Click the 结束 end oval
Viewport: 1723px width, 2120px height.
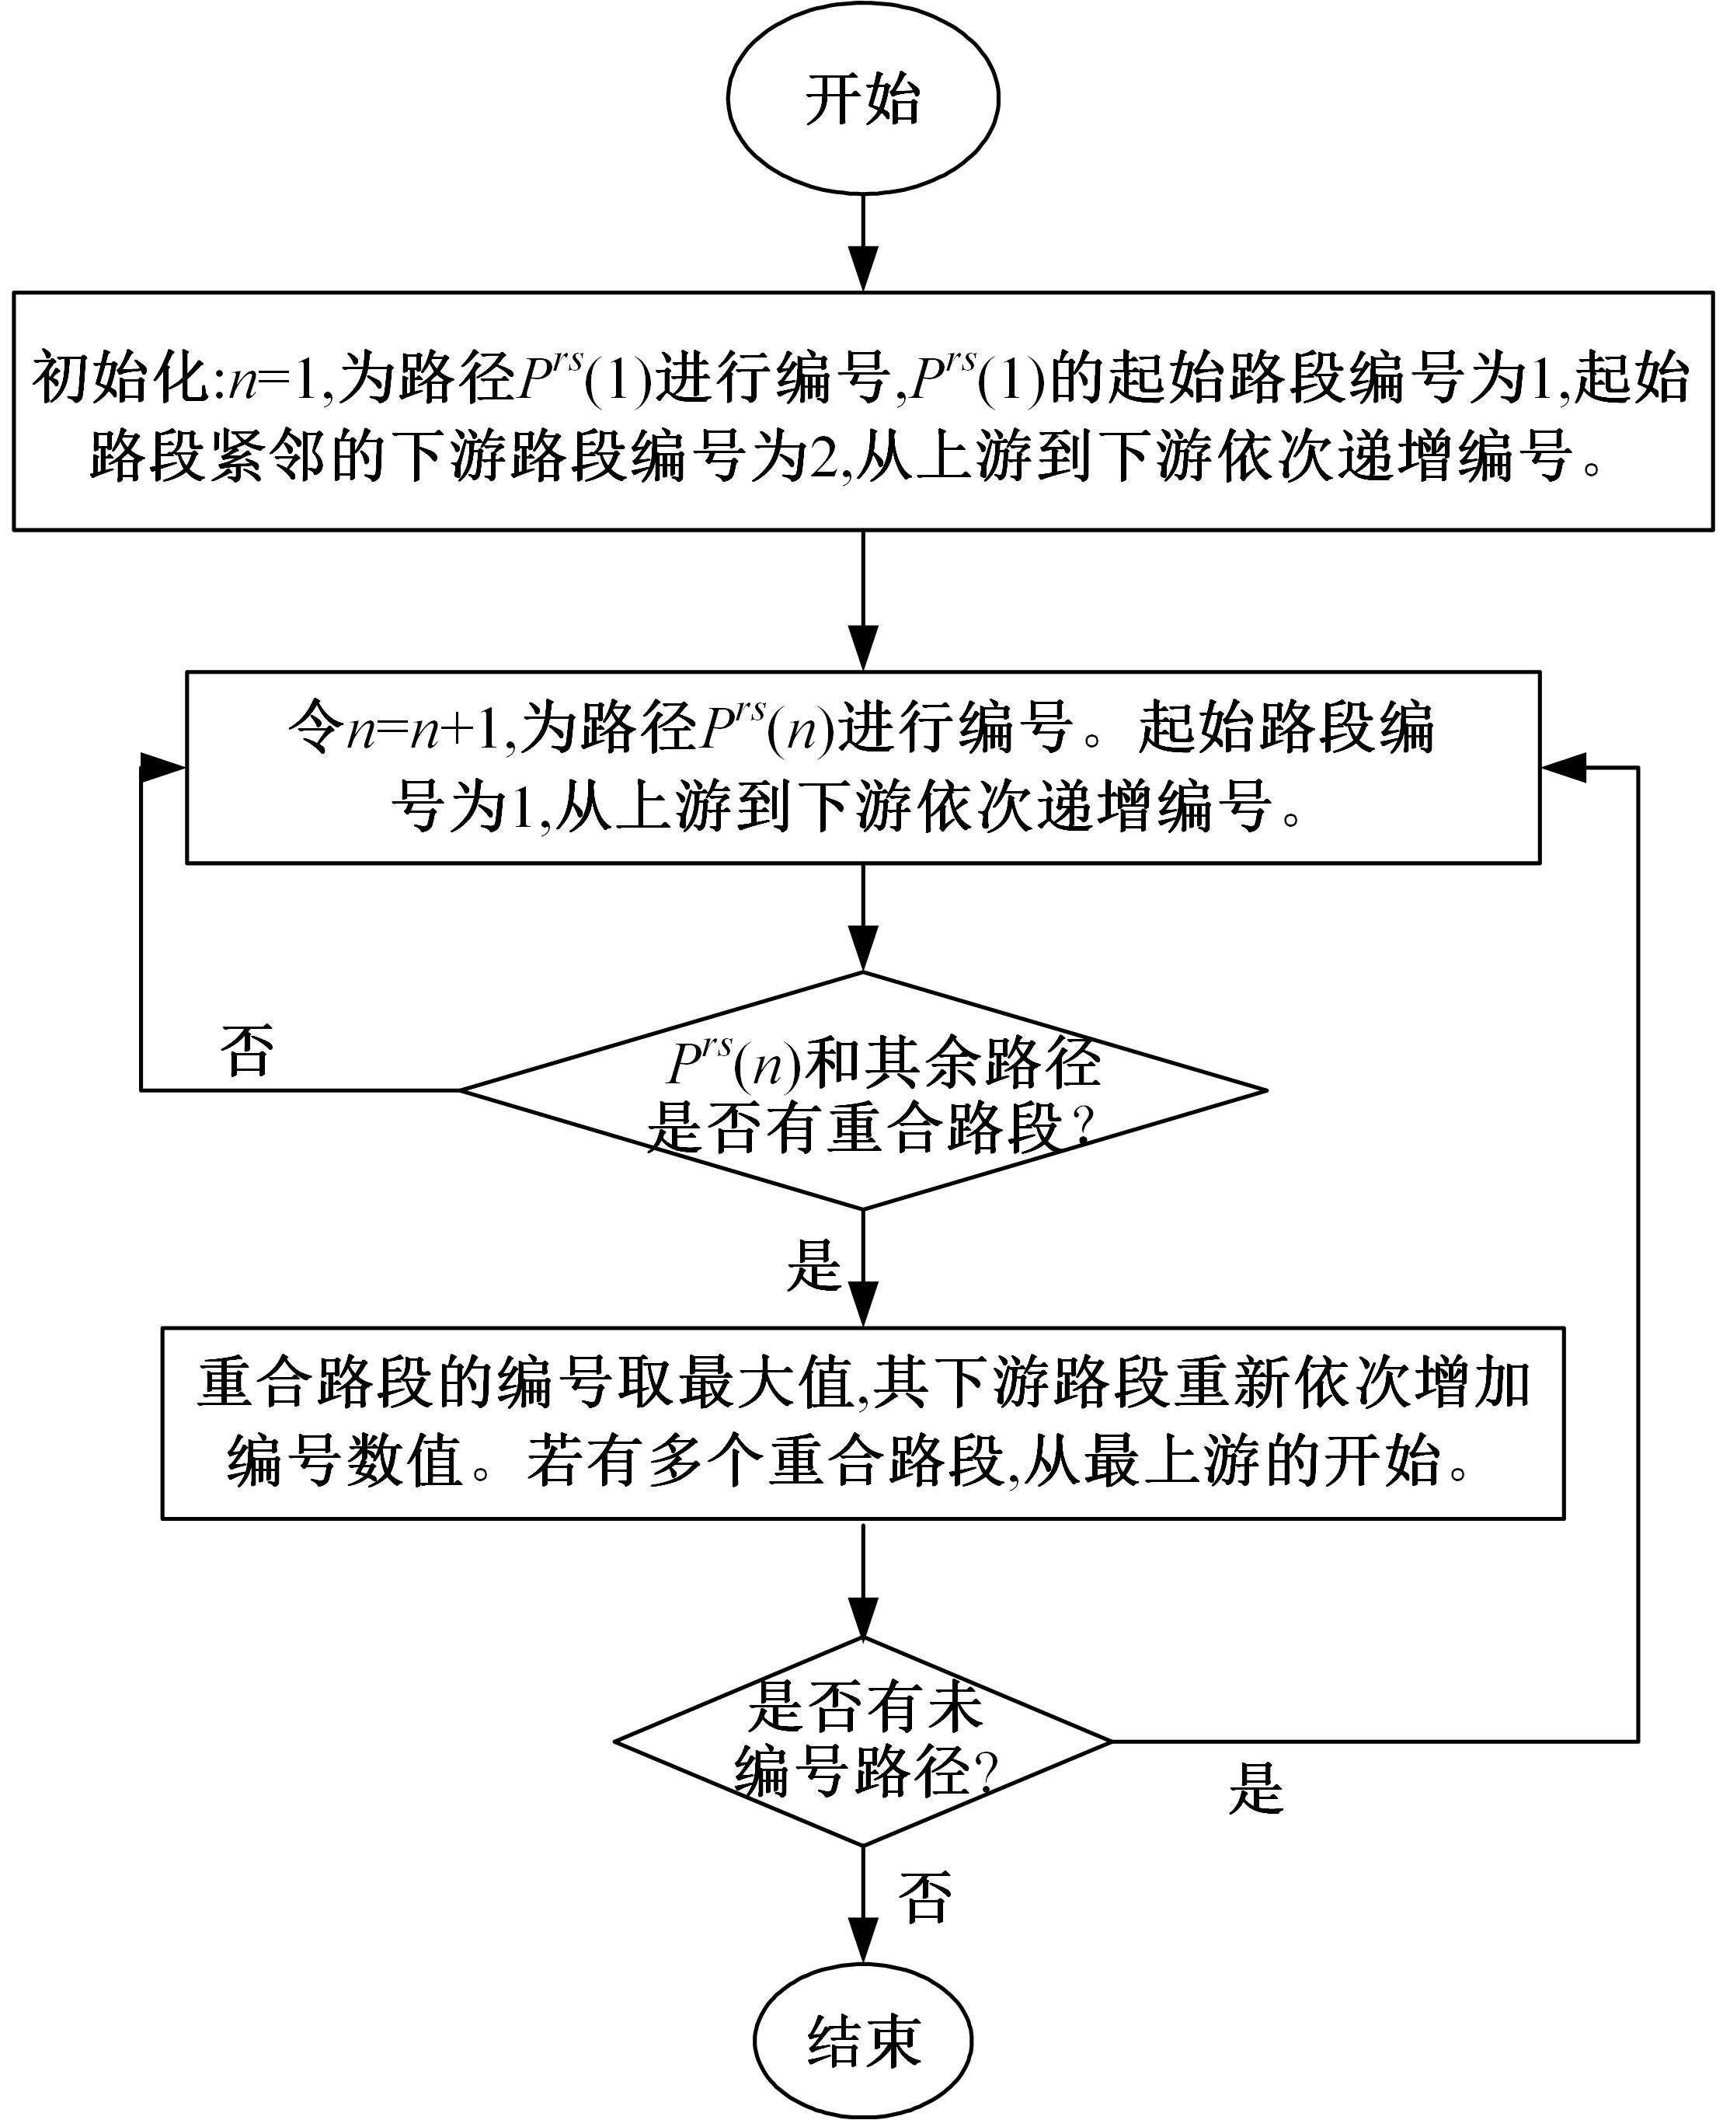click(x=862, y=2042)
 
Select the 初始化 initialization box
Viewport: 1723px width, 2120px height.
click(x=862, y=411)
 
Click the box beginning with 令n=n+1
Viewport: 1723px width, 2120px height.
click(x=862, y=766)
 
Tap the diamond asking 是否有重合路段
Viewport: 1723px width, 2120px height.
click(x=862, y=1090)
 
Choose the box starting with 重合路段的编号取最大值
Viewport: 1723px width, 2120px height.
click(x=862, y=1422)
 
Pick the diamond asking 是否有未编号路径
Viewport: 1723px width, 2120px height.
click(x=862, y=1741)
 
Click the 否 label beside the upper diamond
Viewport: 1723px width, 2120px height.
click(x=247, y=1051)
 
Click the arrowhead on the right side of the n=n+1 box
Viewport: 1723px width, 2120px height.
click(x=1563, y=766)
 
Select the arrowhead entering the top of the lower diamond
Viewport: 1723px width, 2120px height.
click(x=864, y=1620)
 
